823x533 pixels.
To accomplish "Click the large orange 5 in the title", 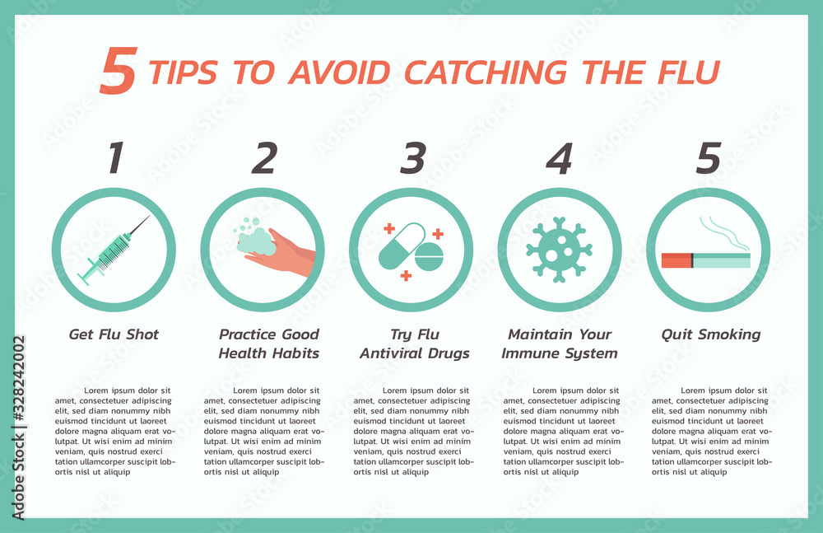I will [x=117, y=71].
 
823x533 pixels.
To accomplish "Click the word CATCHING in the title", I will [x=489, y=72].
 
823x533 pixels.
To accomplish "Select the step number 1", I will [x=116, y=158].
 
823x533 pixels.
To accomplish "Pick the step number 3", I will [x=412, y=158].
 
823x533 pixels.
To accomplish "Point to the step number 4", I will [x=560, y=158].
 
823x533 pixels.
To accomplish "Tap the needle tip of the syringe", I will [x=149, y=217].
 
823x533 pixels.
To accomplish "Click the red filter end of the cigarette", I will [x=677, y=260].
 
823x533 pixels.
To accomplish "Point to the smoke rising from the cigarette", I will [x=724, y=231].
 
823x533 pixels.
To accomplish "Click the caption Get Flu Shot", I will [x=114, y=334].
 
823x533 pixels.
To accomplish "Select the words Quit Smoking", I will [x=711, y=334].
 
